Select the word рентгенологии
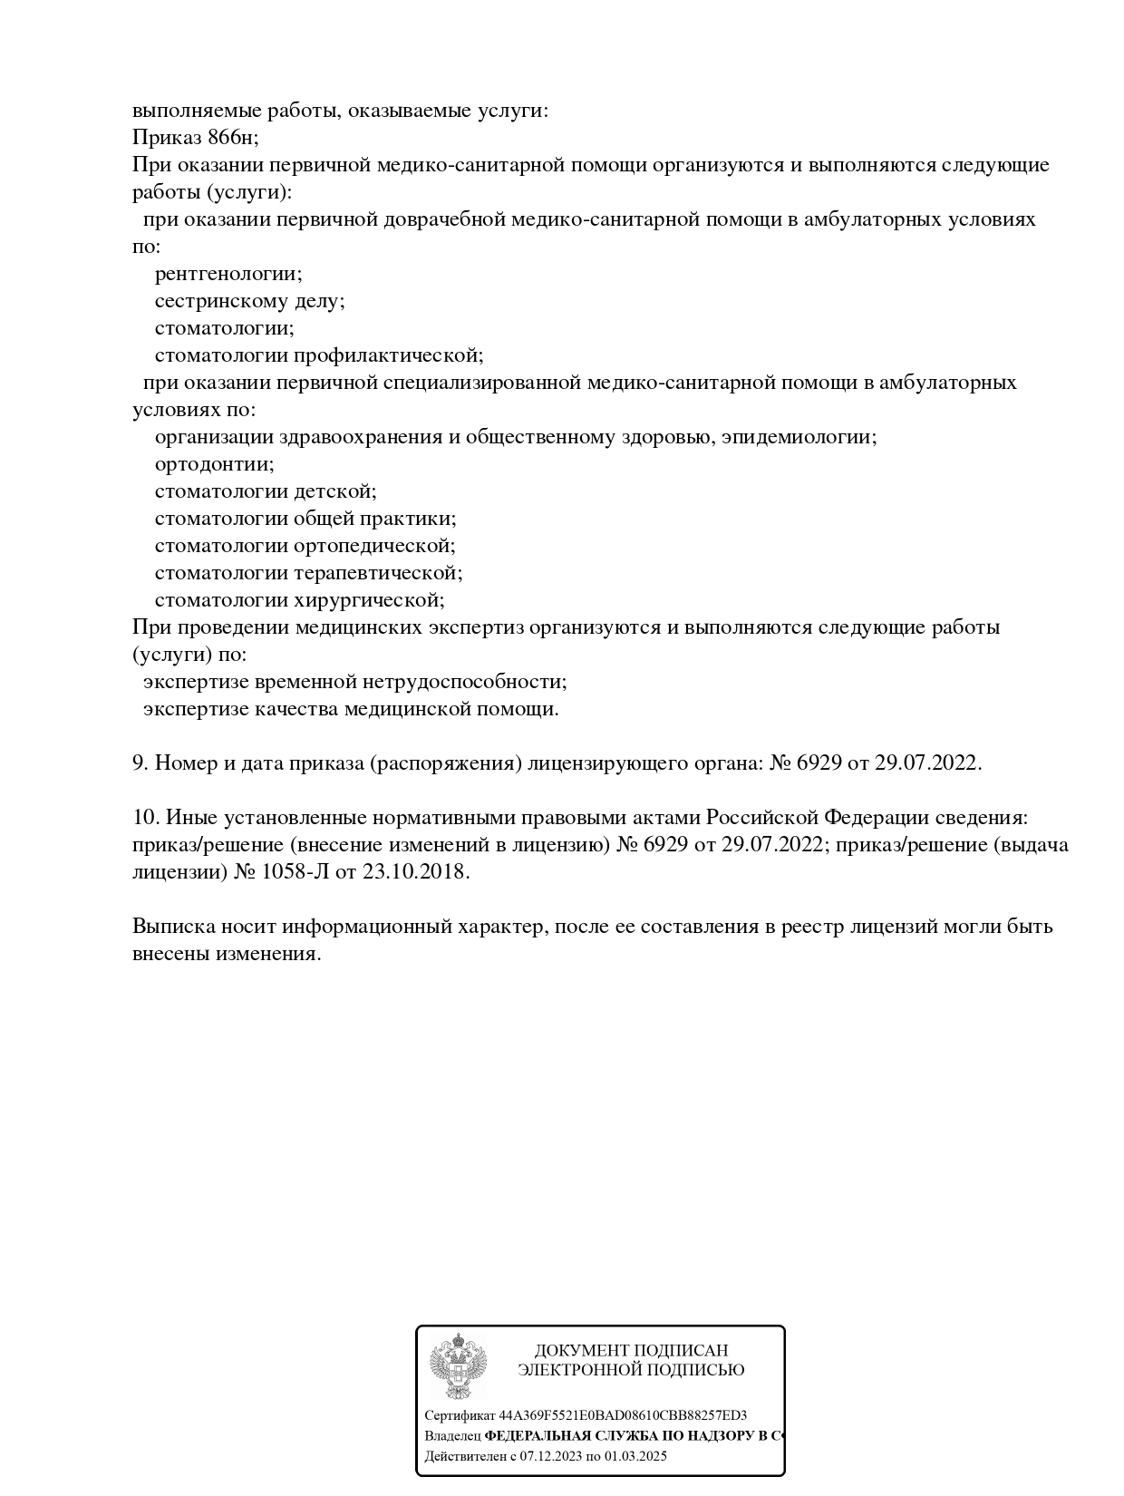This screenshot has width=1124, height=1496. tap(228, 274)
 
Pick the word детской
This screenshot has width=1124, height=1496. tap(334, 491)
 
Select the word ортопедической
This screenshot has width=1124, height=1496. tap(374, 546)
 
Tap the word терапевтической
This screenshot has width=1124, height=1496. tap(378, 573)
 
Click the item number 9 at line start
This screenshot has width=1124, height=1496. tap(140, 763)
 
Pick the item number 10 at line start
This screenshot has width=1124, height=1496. tap(145, 818)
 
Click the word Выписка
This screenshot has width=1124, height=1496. tap(169, 927)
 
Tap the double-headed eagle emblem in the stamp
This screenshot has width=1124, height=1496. tap(458, 1365)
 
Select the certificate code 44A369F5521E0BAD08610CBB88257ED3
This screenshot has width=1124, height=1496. tap(623, 1415)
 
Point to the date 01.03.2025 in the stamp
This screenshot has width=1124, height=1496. tap(635, 1456)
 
